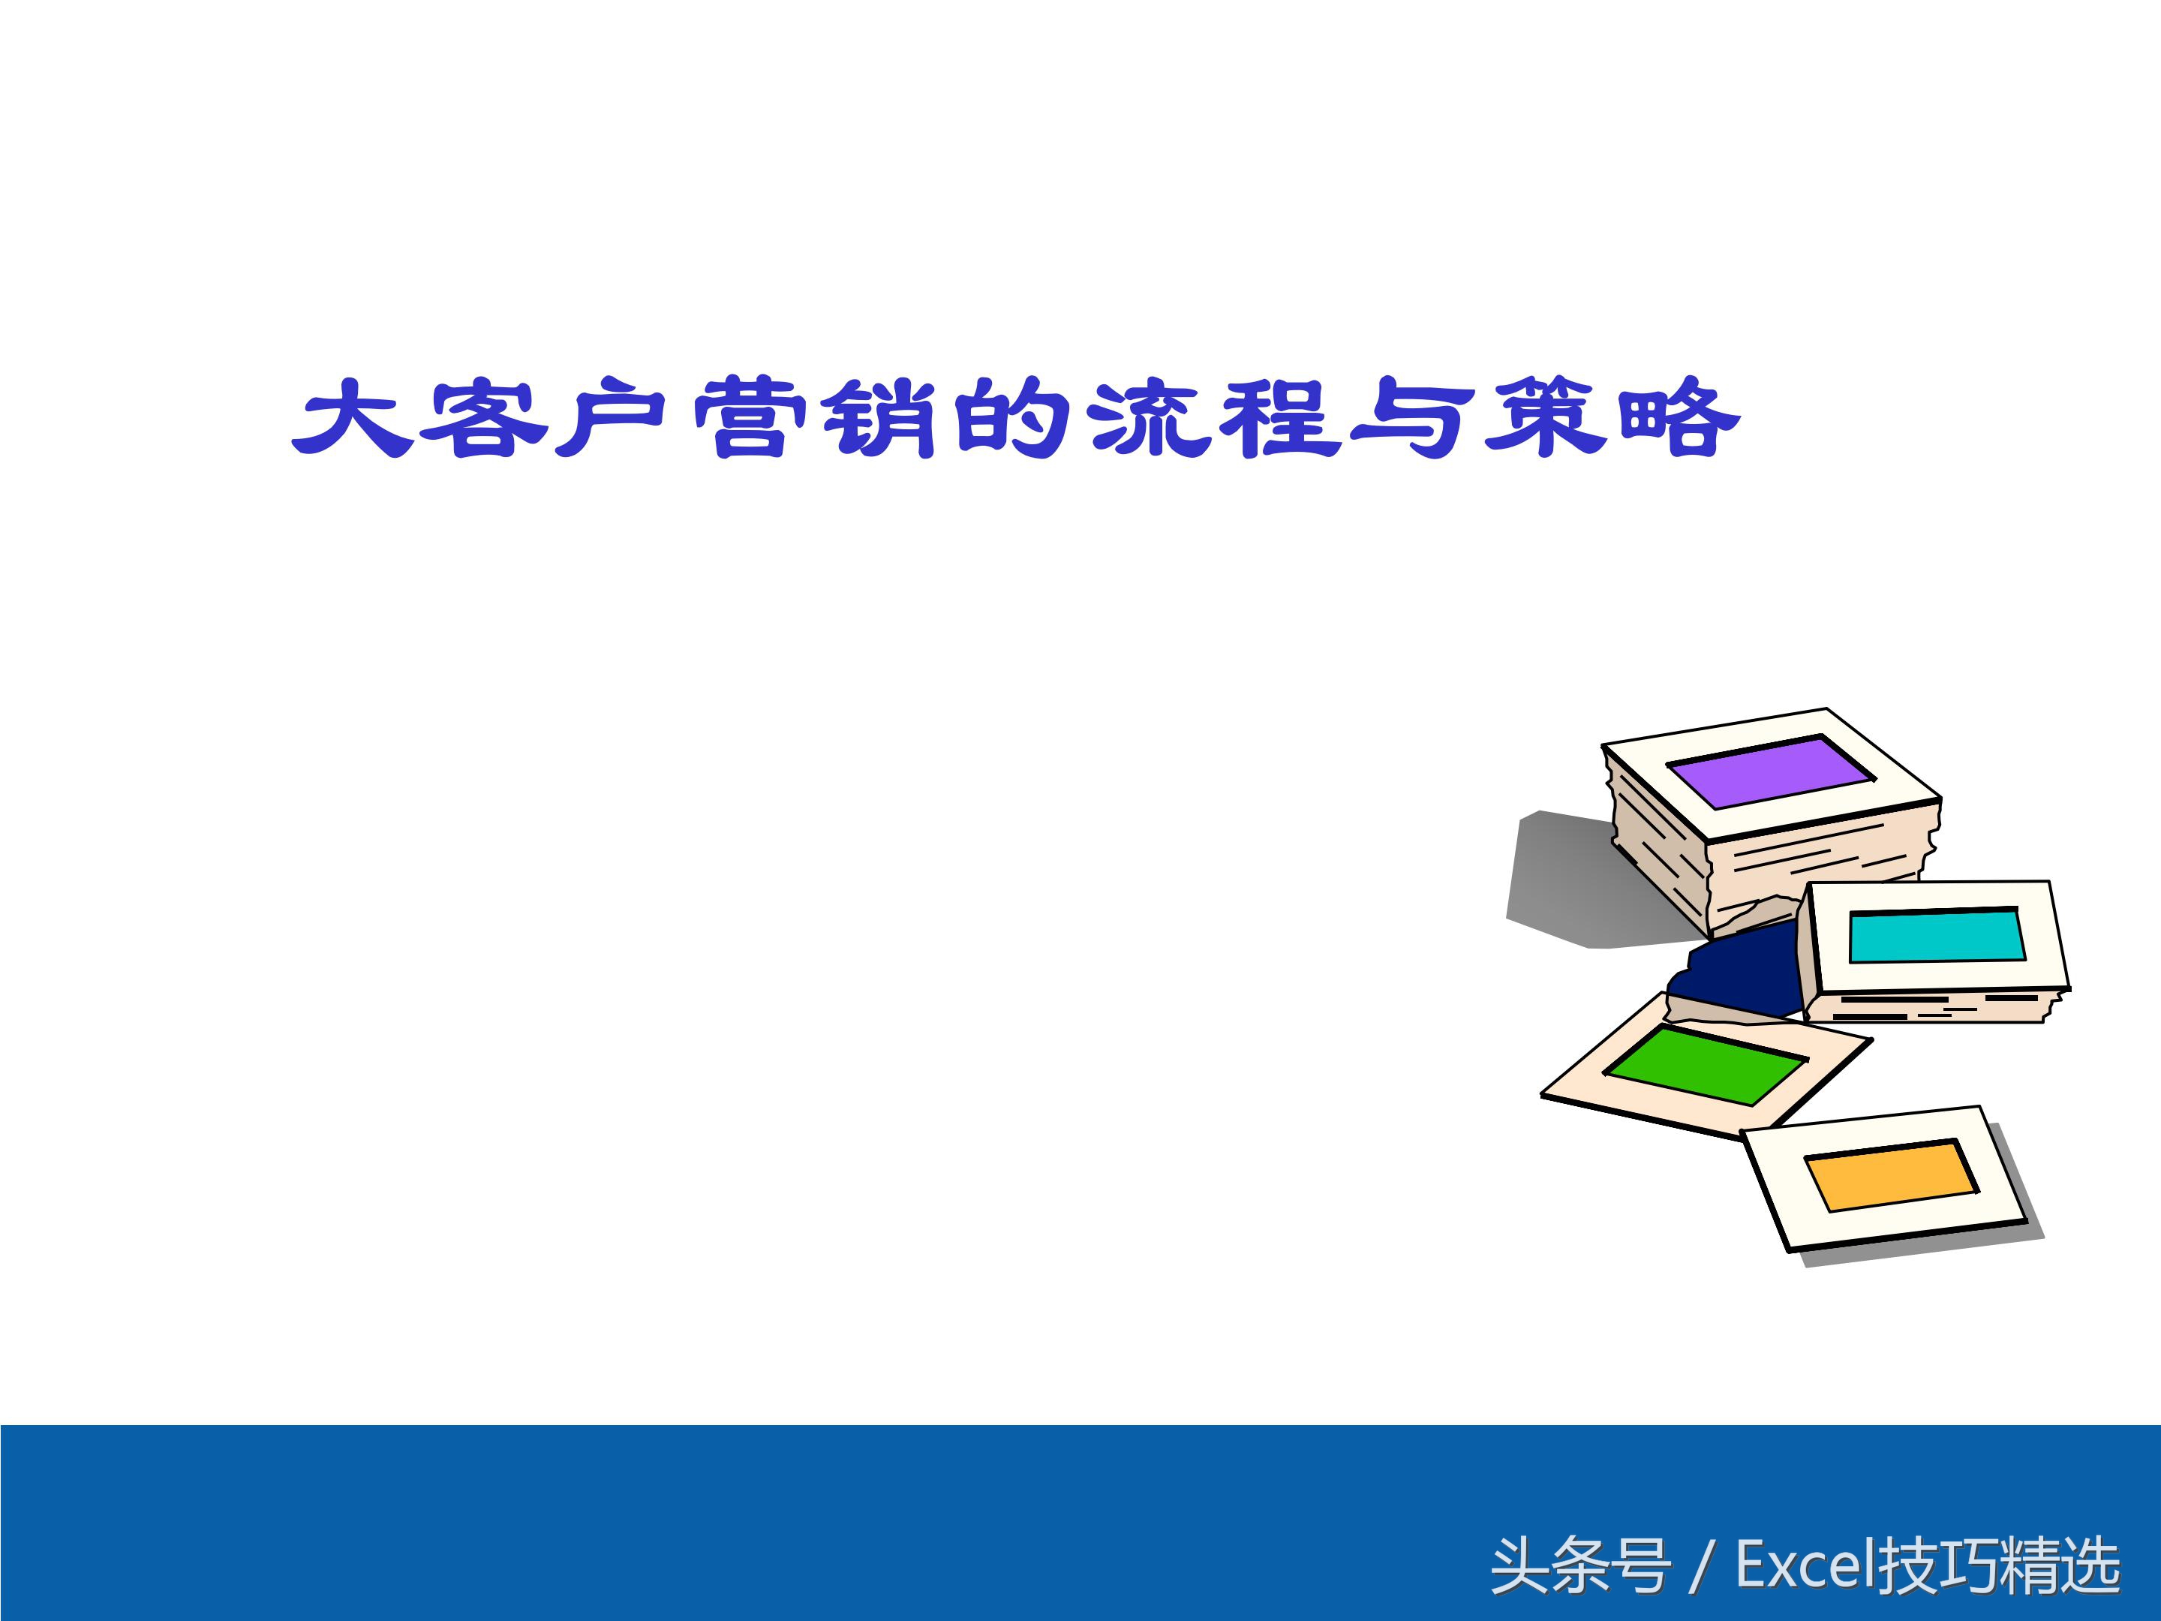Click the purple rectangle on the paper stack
pos(1769,771)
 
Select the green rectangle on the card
pos(1706,1064)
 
